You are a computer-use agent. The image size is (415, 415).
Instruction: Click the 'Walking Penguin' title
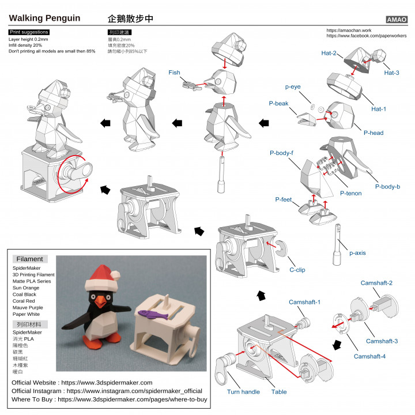point(44,18)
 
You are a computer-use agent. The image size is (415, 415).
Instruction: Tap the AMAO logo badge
point(396,19)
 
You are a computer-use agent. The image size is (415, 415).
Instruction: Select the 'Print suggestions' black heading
point(29,32)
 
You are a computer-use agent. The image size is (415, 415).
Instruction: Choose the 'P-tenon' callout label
point(350,193)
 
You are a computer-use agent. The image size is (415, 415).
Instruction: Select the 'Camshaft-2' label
point(376,283)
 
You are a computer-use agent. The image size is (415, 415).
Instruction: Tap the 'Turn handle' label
point(243,392)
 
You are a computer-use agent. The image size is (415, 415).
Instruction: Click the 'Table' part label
point(279,392)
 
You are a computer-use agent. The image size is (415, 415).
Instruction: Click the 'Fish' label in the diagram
point(175,73)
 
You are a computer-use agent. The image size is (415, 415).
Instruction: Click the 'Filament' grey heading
point(29,259)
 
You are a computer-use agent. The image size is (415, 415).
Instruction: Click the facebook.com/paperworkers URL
point(366,36)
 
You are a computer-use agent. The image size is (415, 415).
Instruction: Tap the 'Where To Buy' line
point(110,399)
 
